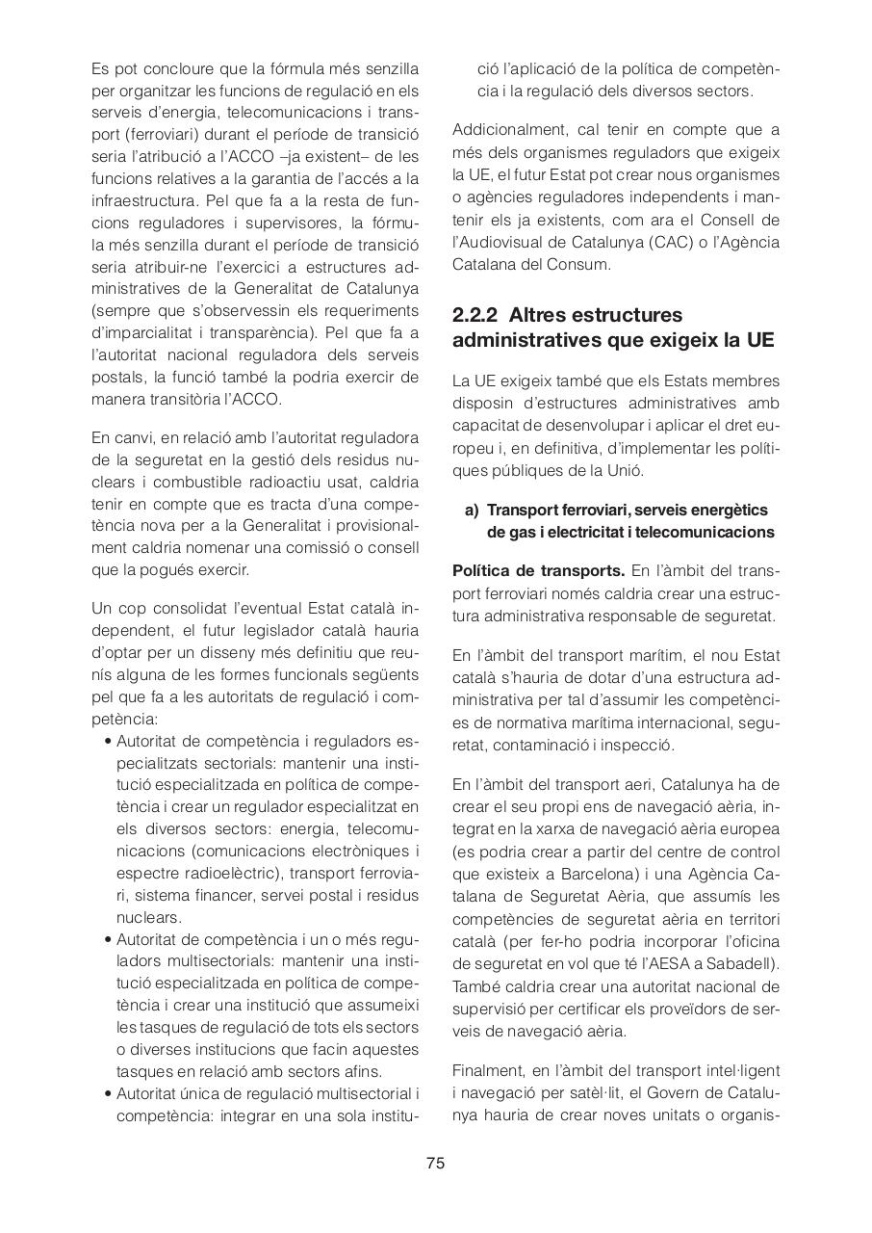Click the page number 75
tap(435, 1163)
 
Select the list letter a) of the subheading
tap(472, 510)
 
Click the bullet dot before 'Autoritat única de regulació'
tap(108, 1093)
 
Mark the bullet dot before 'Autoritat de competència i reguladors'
tap(108, 742)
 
